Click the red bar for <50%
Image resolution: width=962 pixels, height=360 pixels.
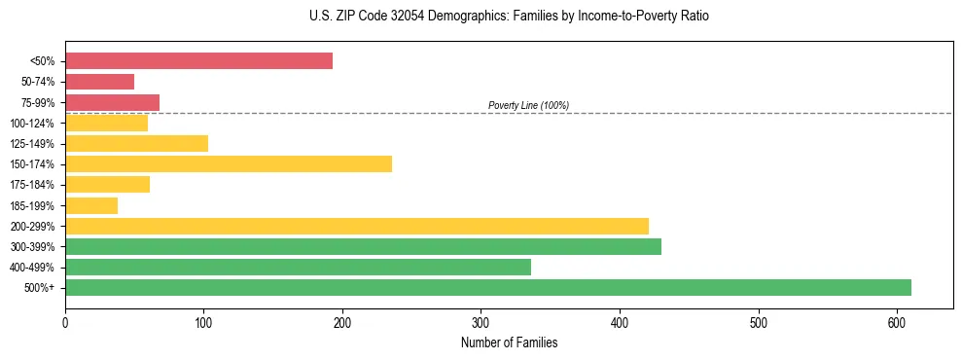click(198, 61)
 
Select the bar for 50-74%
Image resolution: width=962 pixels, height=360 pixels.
click(99, 82)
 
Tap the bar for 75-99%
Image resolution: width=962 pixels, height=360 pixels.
click(112, 102)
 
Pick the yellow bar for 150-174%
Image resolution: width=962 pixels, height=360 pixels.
click(228, 163)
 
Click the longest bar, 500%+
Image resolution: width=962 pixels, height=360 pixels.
click(487, 287)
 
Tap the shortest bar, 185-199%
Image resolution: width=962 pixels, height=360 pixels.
click(91, 205)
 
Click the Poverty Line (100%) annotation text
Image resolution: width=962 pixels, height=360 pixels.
click(528, 105)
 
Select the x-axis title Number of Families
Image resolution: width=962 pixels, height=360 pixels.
click(509, 342)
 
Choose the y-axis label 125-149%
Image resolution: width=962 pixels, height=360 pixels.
click(32, 144)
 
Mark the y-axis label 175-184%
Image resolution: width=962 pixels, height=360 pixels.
click(32, 185)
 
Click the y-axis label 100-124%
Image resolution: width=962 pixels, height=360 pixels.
click(32, 124)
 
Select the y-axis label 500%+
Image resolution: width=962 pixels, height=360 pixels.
click(40, 288)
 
